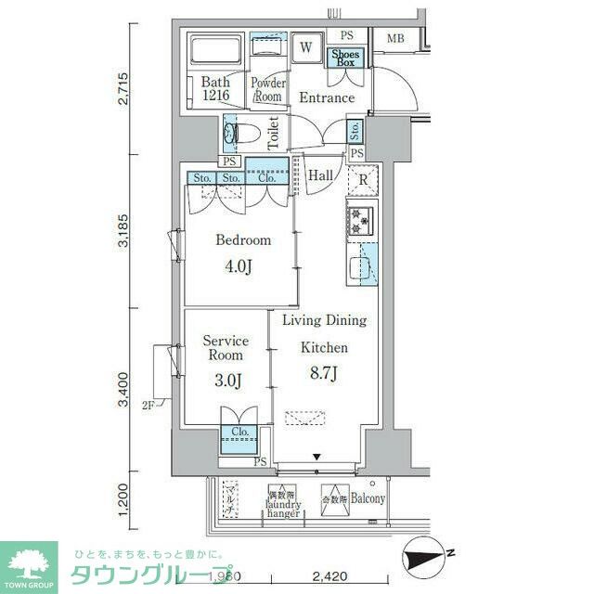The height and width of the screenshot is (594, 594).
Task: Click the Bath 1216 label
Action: click(x=216, y=89)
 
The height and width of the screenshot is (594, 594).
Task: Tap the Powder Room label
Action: click(x=268, y=90)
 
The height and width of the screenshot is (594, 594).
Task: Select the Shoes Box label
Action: click(x=347, y=58)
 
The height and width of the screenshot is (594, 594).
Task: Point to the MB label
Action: click(x=395, y=38)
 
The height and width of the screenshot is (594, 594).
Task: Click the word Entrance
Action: click(x=326, y=97)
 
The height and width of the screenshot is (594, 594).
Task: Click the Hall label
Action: click(x=320, y=174)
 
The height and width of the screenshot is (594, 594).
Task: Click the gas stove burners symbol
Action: click(x=359, y=221)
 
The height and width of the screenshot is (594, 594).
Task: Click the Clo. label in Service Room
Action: click(x=239, y=432)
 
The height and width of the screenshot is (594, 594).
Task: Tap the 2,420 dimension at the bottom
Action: click(x=329, y=576)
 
